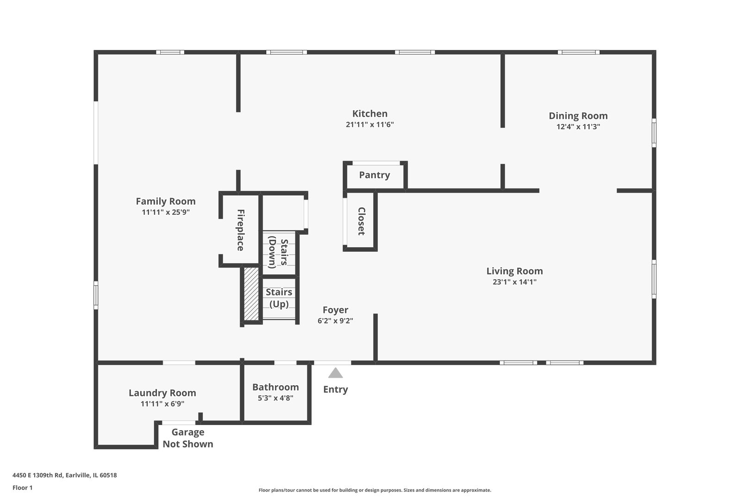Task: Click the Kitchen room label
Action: [369, 113]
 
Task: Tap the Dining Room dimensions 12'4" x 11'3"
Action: [578, 126]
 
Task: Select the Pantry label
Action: [375, 175]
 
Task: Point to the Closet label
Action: [361, 221]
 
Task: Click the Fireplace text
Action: [240, 230]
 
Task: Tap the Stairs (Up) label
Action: [279, 298]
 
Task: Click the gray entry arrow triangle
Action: [336, 373]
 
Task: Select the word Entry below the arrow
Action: [336, 389]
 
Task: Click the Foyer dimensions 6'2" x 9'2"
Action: [335, 321]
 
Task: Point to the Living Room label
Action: [515, 271]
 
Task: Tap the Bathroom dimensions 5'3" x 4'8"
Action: [275, 398]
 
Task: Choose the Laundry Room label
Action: [162, 393]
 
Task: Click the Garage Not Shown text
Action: [188, 438]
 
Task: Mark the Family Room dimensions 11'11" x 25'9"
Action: [166, 212]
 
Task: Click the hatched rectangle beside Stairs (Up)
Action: [251, 294]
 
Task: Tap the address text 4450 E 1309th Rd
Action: [38, 475]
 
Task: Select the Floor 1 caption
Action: [22, 487]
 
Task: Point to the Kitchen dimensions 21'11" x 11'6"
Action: [369, 125]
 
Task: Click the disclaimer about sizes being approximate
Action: [375, 490]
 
